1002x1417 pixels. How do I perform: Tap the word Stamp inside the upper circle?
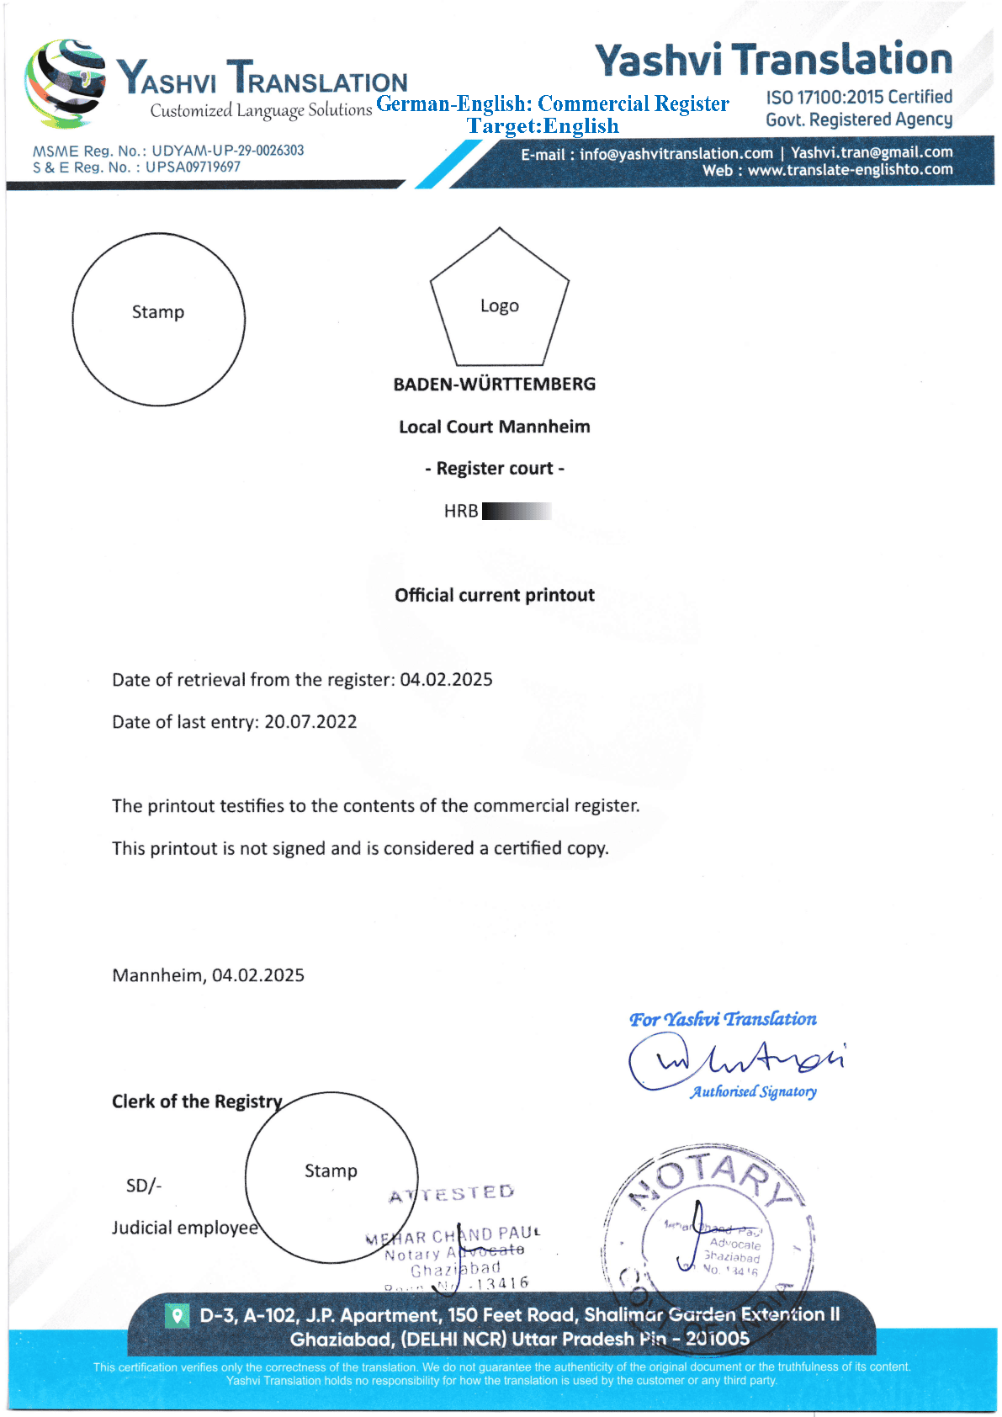(158, 312)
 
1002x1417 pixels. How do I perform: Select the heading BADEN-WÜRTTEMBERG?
(495, 385)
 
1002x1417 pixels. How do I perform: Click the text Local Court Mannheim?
(495, 427)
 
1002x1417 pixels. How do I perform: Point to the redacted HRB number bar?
(517, 511)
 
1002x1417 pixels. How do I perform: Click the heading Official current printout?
(495, 596)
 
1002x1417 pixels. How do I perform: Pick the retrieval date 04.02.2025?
(446, 680)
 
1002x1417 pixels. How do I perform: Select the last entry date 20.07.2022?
(310, 722)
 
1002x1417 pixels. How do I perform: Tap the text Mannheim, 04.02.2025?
(208, 975)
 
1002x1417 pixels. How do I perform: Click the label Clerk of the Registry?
(197, 1101)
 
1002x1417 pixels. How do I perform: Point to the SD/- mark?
(144, 1186)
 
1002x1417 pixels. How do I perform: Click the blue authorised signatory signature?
(736, 1060)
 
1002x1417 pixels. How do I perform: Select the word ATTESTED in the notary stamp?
(452, 1194)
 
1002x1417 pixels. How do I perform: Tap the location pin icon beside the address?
(177, 1314)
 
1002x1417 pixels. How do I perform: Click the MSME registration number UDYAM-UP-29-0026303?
(227, 151)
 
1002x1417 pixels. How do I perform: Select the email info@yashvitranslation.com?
(676, 153)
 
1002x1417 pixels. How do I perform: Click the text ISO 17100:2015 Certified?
(858, 98)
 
